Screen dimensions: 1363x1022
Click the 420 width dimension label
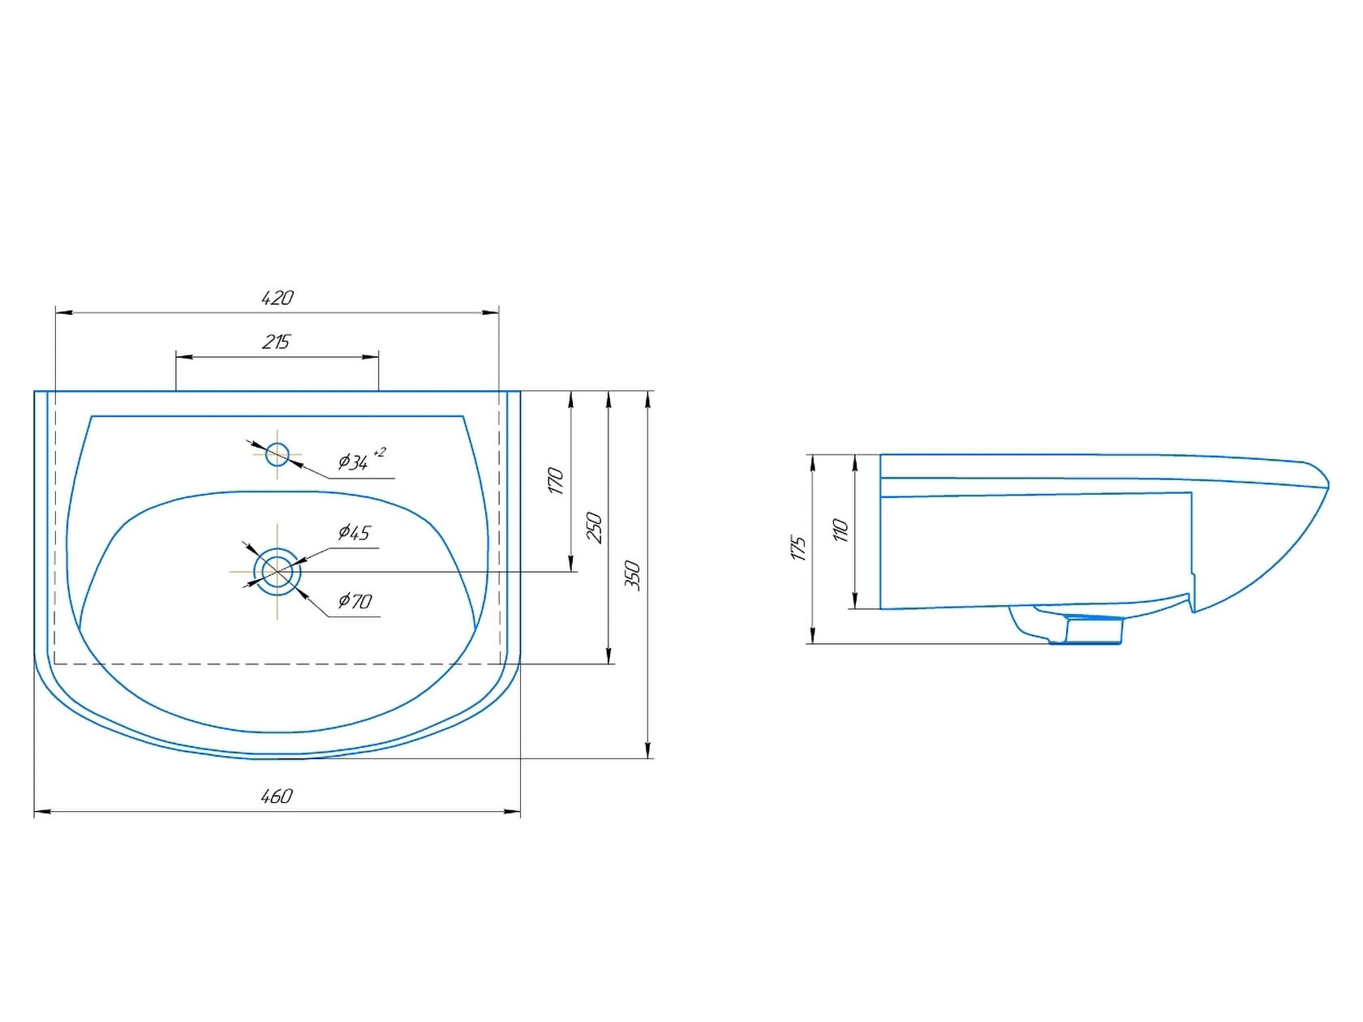click(x=277, y=298)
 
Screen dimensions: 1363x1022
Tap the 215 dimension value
click(x=276, y=342)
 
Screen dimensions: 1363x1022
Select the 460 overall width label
click(x=277, y=797)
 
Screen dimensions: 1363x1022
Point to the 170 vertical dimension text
click(x=556, y=481)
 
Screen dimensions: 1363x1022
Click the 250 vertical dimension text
click(x=595, y=528)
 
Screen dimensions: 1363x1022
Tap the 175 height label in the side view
click(x=798, y=548)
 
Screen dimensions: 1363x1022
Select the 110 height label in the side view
click(x=841, y=530)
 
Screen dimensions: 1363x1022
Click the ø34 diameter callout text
click(x=353, y=462)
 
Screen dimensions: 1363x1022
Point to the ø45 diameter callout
click(x=354, y=532)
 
